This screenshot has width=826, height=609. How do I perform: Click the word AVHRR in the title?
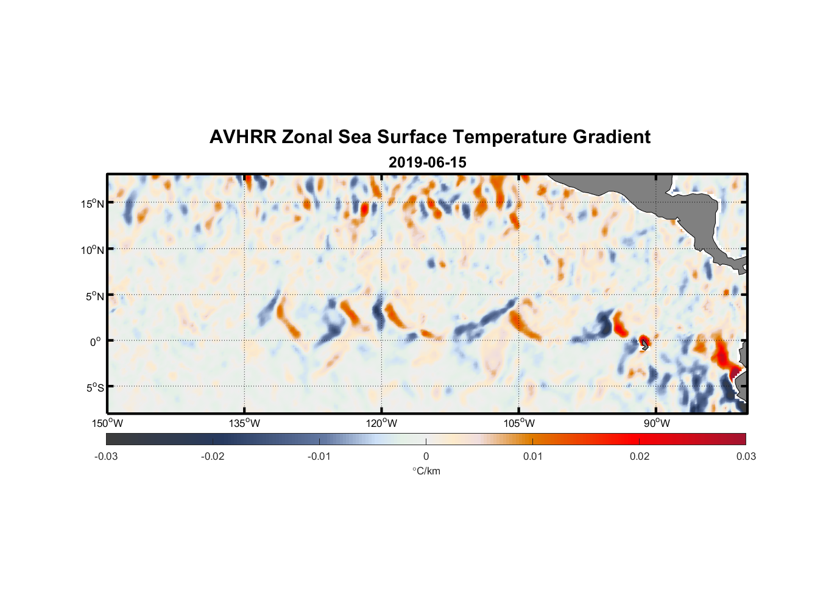pos(242,137)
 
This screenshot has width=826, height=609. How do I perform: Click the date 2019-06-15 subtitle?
pos(427,163)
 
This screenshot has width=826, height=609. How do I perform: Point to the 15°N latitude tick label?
pos(92,203)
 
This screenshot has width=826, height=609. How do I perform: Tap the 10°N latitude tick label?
pos(92,250)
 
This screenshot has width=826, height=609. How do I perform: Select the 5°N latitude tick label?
pos(94,296)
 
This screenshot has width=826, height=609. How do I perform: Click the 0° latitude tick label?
pos(96,342)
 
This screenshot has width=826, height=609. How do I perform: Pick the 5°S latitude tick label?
pos(94,388)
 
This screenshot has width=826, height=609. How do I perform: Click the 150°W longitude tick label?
pos(107,423)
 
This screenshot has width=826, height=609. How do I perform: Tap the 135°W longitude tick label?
pos(244,423)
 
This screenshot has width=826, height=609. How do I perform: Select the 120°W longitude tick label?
pos(381,423)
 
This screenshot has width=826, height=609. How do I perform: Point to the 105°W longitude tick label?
pos(519,423)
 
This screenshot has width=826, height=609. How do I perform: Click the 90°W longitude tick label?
pos(656,423)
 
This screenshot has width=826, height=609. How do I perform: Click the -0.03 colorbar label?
pos(106,457)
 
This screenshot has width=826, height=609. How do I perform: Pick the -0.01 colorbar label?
pos(319,457)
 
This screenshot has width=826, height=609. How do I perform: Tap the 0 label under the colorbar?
pos(426,457)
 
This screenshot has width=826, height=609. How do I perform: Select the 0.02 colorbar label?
pos(640,457)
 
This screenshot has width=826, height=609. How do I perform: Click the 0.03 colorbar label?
pos(746,457)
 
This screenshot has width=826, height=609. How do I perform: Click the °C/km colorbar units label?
pos(426,471)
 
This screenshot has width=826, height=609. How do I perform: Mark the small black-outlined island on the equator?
pos(644,344)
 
